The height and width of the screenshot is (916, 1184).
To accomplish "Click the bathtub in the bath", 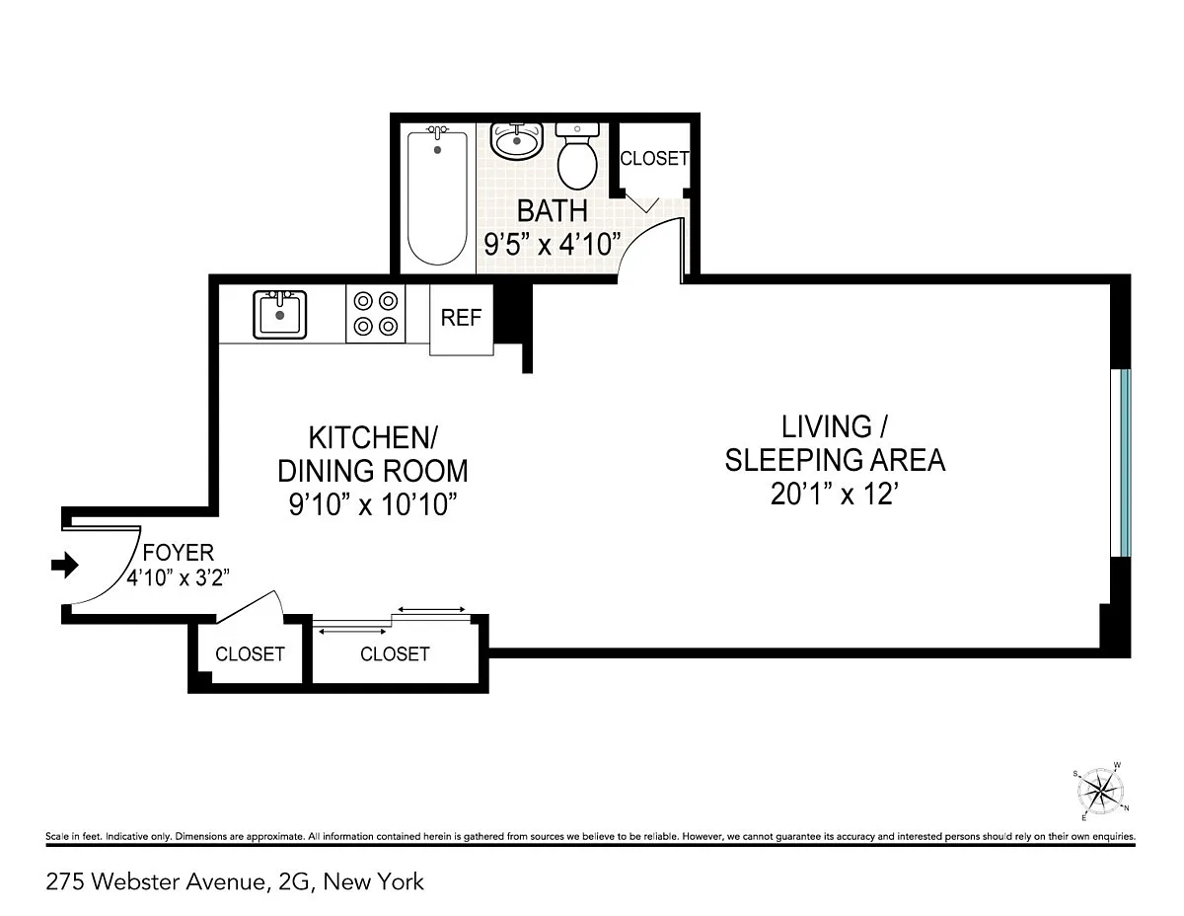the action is tap(437, 196).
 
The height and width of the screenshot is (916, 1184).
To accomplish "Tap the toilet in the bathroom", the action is tap(577, 156).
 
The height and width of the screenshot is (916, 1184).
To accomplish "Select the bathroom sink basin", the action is tap(517, 141).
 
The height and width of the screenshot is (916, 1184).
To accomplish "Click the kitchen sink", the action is tap(279, 315).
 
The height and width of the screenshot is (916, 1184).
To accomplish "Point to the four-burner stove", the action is tap(375, 313).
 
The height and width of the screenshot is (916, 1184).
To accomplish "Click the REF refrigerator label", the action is tap(461, 318).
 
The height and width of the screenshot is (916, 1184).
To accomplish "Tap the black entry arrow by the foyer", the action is tap(65, 565).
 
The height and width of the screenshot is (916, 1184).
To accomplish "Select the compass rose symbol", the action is tap(1101, 791).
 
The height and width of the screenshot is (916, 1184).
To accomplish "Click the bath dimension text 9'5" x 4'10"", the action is tap(553, 244).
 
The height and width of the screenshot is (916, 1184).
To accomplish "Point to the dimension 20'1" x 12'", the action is tap(834, 495).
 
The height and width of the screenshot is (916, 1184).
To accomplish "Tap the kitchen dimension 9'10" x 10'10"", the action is tap(373, 504).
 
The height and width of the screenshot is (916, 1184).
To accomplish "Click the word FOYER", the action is tap(179, 553).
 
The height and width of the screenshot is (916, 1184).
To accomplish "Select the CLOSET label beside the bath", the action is tap(654, 159).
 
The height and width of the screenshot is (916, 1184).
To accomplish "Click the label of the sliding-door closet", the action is tap(395, 653).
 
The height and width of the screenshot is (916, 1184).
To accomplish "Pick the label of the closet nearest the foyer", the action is tap(250, 653).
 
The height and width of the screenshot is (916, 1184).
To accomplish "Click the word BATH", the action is tap(553, 211).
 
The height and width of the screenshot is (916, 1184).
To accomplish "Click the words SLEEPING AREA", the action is tap(835, 460).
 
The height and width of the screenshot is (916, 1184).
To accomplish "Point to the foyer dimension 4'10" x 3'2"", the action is tap(179, 577).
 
